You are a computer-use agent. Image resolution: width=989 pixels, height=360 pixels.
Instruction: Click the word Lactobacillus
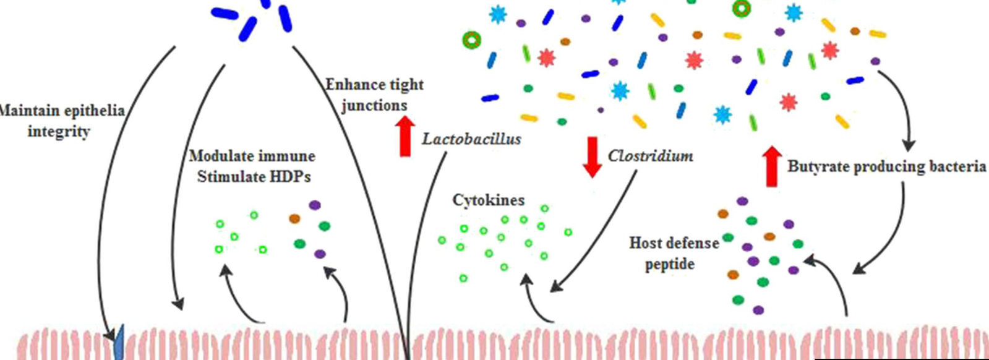point(471,139)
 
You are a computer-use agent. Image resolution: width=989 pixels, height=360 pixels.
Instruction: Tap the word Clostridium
point(650,156)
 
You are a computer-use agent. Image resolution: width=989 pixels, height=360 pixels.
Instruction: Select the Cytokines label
point(488,200)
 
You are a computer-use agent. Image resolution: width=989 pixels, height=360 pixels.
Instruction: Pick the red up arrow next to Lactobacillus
point(405,136)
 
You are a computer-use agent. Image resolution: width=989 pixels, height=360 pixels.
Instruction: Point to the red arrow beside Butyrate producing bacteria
point(771,166)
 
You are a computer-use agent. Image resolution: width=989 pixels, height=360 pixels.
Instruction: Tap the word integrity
point(59,132)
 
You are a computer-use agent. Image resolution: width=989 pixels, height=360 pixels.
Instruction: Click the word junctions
point(374,105)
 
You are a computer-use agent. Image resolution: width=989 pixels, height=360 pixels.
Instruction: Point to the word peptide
point(669,264)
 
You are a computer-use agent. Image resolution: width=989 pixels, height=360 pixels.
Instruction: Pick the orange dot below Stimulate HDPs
point(294,218)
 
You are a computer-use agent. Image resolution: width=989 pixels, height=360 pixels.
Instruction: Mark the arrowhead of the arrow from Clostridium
point(554,288)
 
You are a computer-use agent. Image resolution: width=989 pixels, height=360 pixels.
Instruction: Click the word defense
point(691,243)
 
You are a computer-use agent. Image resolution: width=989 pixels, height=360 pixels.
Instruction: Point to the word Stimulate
point(231,176)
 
